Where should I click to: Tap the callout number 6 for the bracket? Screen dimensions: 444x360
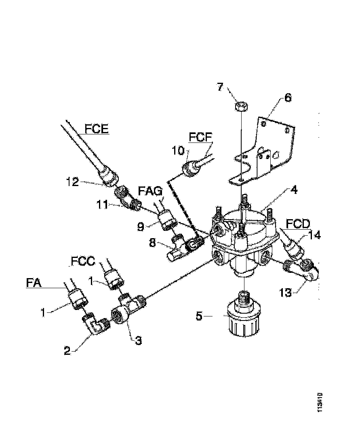[288, 98]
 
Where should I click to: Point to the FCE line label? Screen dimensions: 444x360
[97, 129]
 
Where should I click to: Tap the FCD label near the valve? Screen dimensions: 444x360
[297, 223]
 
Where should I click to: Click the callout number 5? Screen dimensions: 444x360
[199, 315]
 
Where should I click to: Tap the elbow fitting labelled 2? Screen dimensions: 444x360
[96, 324]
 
